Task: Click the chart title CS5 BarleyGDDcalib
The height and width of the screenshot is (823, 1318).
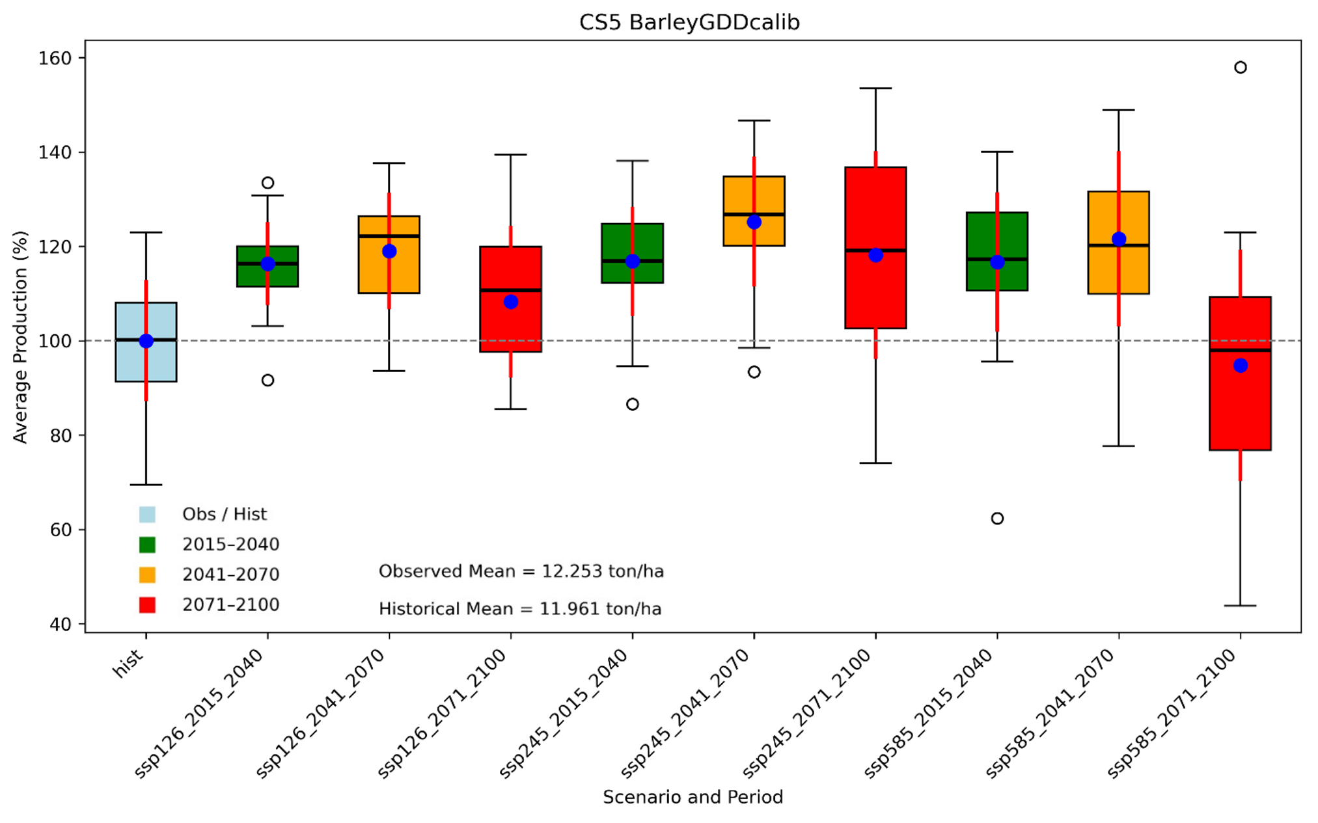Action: coord(689,22)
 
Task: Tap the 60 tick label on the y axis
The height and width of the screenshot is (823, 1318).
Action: coord(61,530)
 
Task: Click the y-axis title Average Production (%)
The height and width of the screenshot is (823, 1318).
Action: coord(20,337)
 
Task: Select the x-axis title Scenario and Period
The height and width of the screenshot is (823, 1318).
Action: coord(693,797)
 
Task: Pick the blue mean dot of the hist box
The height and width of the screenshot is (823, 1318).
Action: coord(146,341)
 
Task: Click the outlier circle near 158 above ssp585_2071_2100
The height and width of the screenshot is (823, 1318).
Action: coord(1241,68)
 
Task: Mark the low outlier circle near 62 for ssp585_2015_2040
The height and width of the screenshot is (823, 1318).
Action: coord(997,519)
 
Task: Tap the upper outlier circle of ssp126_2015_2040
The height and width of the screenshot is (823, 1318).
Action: coord(268,183)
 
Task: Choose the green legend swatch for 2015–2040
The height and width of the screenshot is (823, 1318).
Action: coord(147,545)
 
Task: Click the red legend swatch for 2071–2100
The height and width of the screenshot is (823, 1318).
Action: coord(147,605)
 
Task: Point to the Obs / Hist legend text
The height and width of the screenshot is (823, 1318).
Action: coord(224,515)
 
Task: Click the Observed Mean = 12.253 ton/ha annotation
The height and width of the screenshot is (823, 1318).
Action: coord(521,571)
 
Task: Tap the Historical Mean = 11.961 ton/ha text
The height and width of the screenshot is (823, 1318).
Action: coord(520,609)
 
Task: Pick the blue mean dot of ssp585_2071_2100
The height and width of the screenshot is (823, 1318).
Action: coord(1241,366)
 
